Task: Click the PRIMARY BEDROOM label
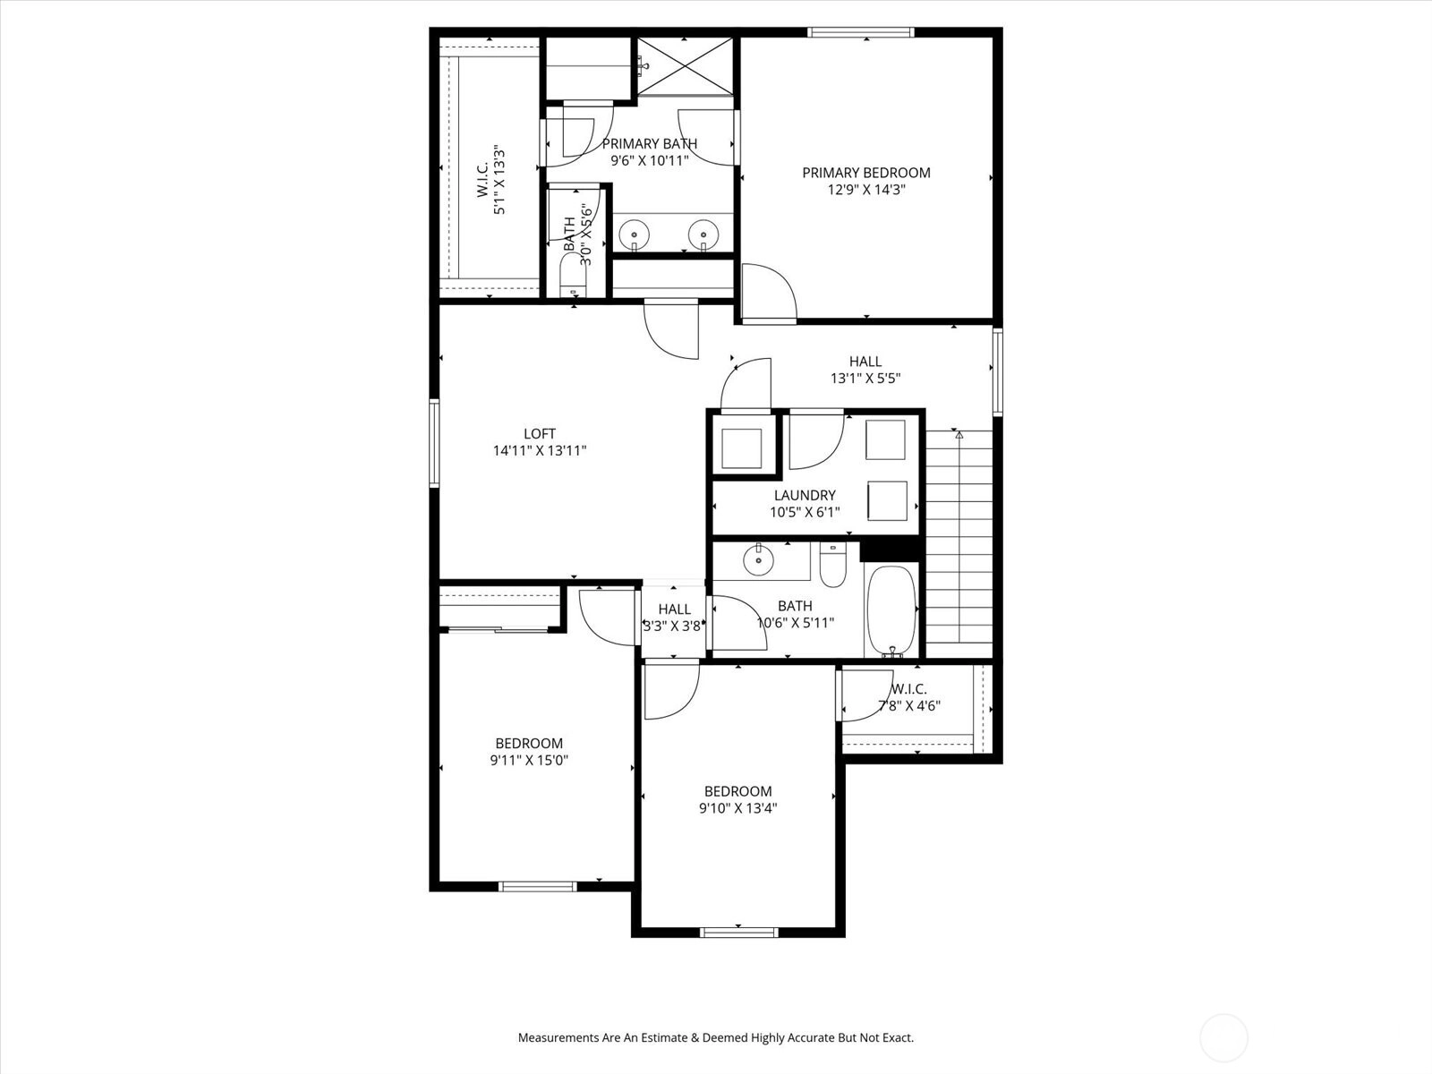[865, 173]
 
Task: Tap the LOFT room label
[540, 434]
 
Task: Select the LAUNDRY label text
[805, 495]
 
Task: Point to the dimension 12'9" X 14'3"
[866, 190]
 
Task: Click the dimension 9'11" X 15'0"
[529, 760]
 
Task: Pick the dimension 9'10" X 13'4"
[737, 808]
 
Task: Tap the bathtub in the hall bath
[891, 609]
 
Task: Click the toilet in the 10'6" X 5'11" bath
[833, 565]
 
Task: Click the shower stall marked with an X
[685, 66]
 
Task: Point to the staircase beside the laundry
[959, 544]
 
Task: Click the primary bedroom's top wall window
[860, 32]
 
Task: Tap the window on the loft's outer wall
[434, 443]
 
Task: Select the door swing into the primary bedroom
[769, 294]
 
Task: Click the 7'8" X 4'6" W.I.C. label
[908, 697]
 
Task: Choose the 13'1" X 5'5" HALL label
[865, 370]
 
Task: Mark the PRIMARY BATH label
[650, 143]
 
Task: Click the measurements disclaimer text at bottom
[716, 1036]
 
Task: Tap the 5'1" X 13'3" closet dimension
[499, 180]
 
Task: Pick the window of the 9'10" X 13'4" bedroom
[739, 933]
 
